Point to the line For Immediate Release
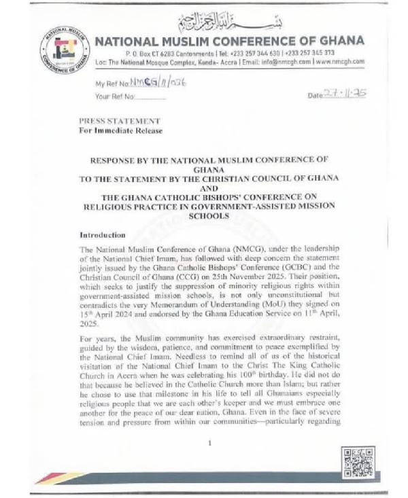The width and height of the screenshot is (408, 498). [120, 130]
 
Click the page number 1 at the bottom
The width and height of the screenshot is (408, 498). [210, 442]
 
